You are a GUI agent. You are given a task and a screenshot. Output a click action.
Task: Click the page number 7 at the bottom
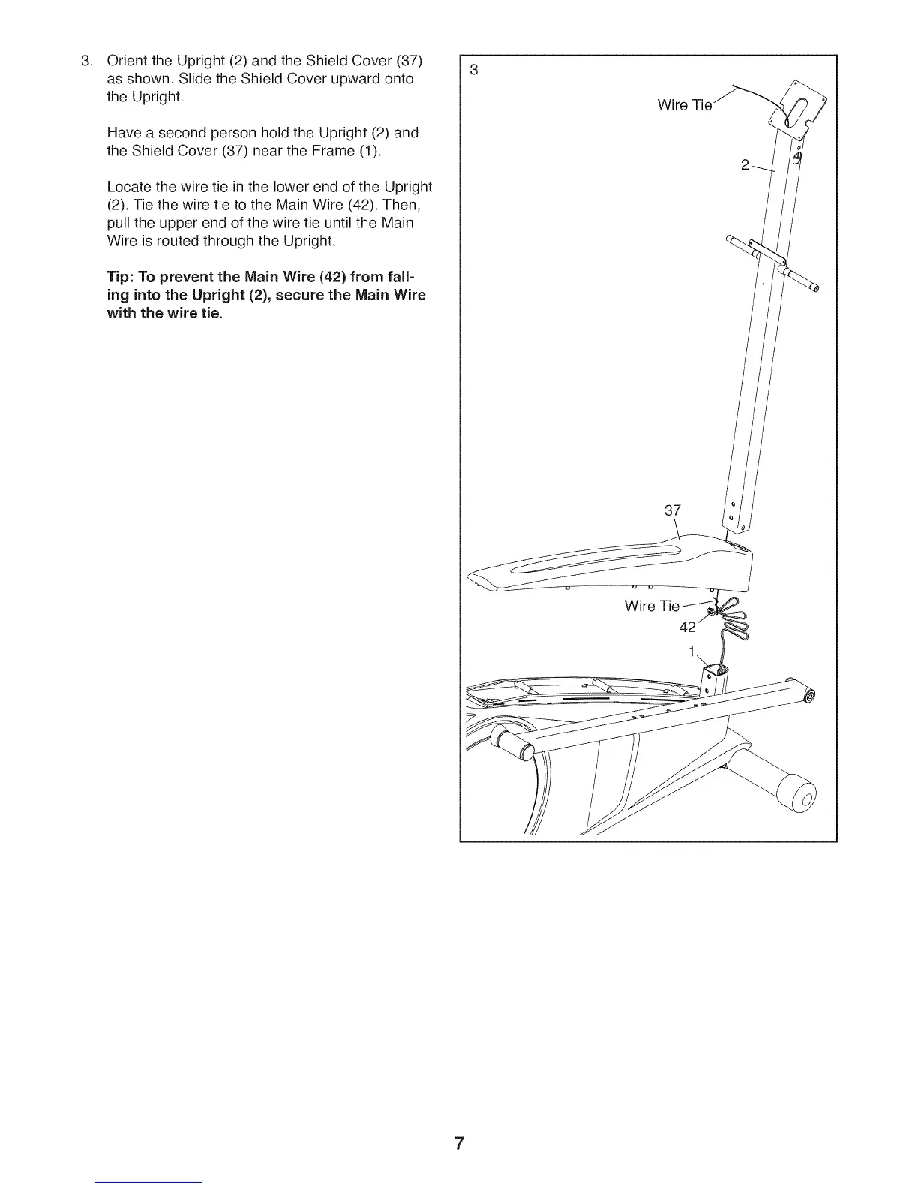[459, 1144]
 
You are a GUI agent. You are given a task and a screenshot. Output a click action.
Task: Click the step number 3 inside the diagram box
[473, 71]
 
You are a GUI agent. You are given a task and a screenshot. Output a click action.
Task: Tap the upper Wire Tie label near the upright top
[683, 105]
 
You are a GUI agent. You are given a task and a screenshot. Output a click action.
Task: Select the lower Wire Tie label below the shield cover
[652, 606]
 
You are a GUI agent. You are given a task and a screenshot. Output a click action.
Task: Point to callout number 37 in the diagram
[673, 510]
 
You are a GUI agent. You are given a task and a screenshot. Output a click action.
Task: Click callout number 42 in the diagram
[688, 628]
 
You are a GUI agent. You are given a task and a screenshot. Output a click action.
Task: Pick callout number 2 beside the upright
[745, 165]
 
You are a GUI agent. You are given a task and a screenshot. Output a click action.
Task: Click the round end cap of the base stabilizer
[797, 796]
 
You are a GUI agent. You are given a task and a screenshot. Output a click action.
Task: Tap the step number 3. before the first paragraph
[87, 60]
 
